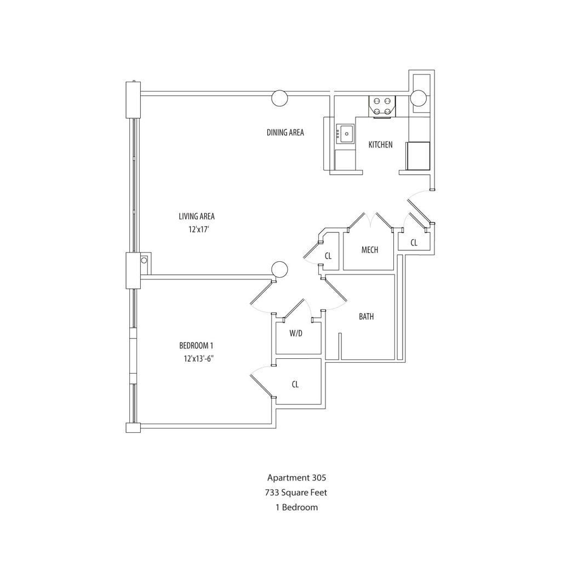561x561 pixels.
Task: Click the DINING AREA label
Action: point(285,133)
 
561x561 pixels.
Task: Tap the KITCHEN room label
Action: point(380,145)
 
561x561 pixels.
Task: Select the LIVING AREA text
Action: point(196,216)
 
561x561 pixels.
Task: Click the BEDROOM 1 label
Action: point(196,346)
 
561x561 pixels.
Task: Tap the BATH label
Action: point(367,317)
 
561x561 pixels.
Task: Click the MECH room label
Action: point(370,250)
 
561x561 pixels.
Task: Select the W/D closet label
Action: point(296,333)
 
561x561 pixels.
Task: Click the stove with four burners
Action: point(382,106)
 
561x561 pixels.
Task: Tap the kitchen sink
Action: point(345,133)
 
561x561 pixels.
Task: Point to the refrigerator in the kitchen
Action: point(417,156)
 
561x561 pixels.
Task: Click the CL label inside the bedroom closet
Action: point(295,385)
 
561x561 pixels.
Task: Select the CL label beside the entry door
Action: point(414,243)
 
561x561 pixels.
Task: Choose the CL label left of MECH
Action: point(328,256)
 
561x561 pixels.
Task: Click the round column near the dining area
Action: point(279,98)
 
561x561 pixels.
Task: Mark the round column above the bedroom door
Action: point(279,268)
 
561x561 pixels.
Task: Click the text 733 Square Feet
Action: point(297,493)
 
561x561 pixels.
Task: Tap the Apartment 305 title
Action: point(297,478)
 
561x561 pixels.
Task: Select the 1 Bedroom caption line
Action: point(297,507)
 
